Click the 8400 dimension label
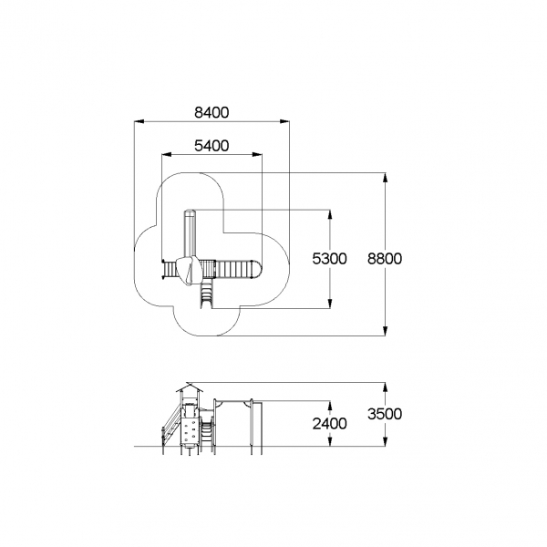(x=212, y=113)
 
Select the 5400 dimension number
(x=212, y=146)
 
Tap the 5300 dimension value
(x=329, y=259)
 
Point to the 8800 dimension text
(x=385, y=259)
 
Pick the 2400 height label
(x=329, y=424)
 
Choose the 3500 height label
(x=385, y=414)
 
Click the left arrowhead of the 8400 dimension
(x=139, y=121)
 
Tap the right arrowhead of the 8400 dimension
(x=284, y=121)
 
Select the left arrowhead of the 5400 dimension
(x=167, y=155)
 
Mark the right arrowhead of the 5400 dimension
(x=257, y=155)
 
